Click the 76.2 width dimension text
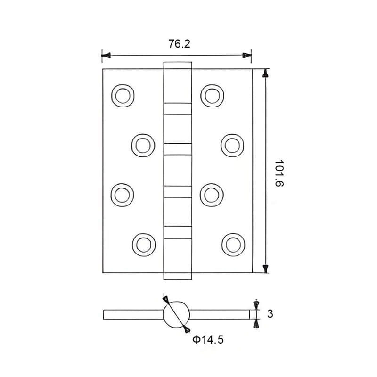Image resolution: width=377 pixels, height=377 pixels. pyautogui.click(x=180, y=44)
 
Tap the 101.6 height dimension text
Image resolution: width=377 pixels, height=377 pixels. pyautogui.click(x=279, y=173)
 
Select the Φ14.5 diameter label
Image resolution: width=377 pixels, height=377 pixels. pyautogui.click(x=208, y=339)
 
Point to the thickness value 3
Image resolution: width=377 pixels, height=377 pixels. pyautogui.click(x=270, y=314)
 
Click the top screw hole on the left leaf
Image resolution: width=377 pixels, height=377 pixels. pyautogui.click(x=123, y=96)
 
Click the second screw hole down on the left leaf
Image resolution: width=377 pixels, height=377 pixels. pyautogui.click(x=143, y=146)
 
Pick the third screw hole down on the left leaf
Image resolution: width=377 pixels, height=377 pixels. pyautogui.click(x=123, y=195)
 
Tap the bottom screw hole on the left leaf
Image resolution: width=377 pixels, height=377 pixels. pyautogui.click(x=144, y=245)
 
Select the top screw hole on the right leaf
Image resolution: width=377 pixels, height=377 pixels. pyautogui.click(x=212, y=96)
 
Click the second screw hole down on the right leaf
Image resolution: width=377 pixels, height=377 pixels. pyautogui.click(x=232, y=146)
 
